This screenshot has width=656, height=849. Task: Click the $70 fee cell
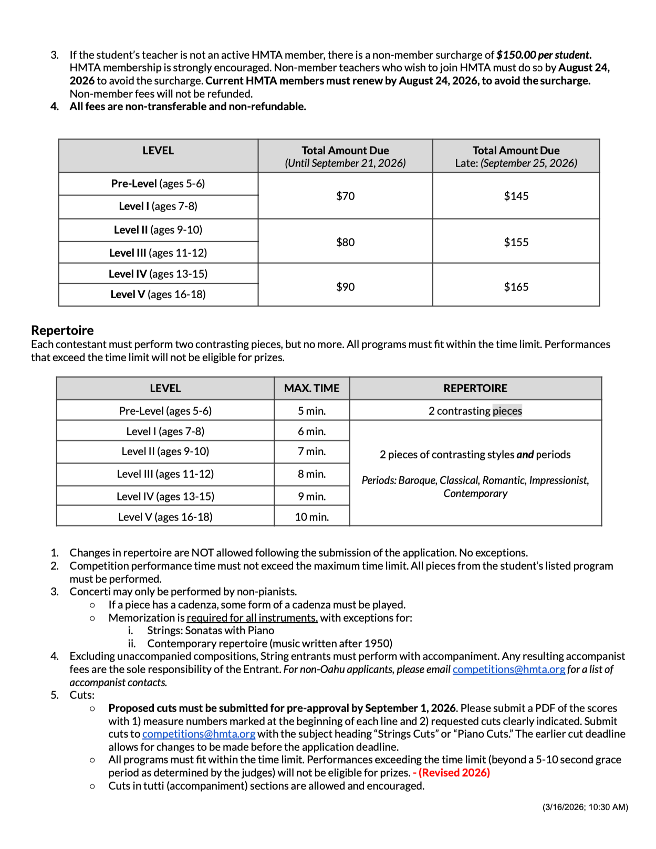(345, 196)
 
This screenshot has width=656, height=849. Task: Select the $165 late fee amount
(516, 287)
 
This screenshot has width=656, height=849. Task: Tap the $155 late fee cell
(516, 242)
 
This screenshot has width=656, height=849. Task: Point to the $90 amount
(345, 287)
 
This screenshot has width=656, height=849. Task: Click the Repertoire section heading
(62, 330)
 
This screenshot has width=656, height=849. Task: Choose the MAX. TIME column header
(311, 389)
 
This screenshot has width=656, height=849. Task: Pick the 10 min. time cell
(311, 517)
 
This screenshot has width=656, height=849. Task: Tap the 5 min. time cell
(311, 411)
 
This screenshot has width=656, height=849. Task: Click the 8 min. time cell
(311, 474)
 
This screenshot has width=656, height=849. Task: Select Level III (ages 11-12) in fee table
(158, 253)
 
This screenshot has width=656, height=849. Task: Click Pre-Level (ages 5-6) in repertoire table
(165, 411)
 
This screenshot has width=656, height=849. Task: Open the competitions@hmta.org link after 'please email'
(508, 669)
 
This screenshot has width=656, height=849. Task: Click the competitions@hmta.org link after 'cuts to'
(199, 734)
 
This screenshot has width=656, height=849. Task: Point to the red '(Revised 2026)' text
(454, 773)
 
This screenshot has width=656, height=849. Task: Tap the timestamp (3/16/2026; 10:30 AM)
(585, 807)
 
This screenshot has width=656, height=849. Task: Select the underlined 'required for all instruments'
(252, 618)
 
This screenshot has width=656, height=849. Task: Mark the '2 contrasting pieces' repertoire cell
(475, 411)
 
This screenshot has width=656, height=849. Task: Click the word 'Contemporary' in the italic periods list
(475, 494)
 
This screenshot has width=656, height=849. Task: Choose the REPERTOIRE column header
(475, 389)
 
